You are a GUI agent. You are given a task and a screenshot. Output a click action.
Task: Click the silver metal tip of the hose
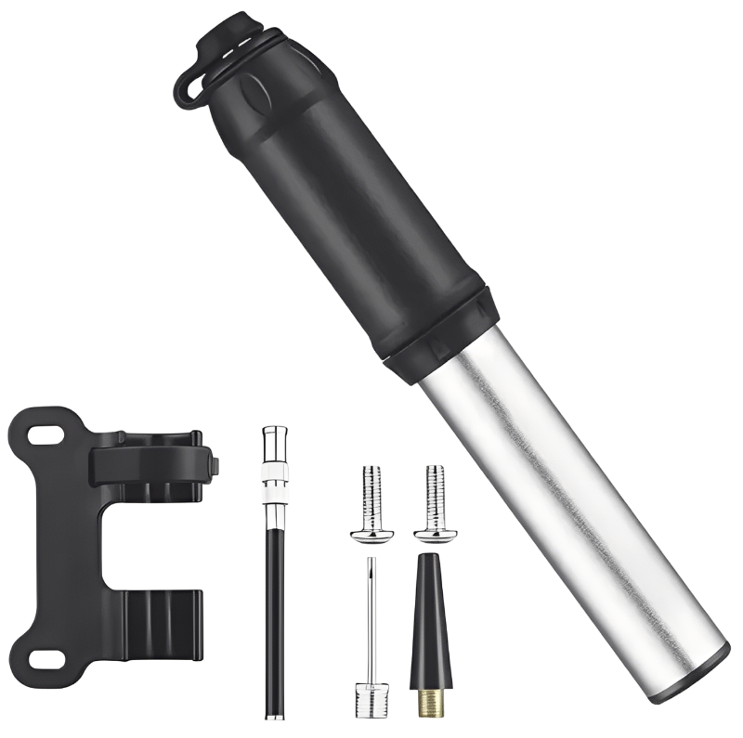coord(274,446)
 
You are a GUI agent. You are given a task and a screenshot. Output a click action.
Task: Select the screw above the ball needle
coord(371,501)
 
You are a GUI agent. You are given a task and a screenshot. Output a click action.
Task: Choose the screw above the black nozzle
coord(436,501)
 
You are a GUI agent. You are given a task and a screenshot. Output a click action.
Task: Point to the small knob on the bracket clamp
coord(215,464)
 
